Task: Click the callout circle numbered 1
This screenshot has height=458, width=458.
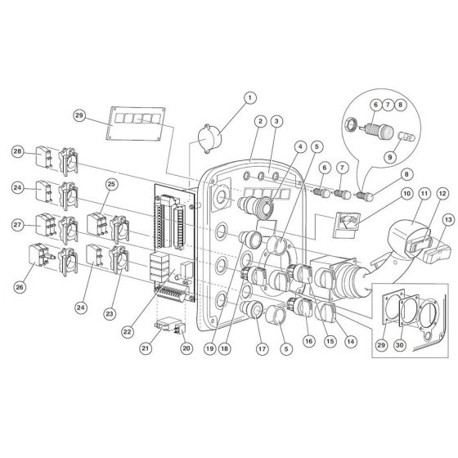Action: coord(249,98)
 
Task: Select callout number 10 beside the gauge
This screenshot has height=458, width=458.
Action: coord(407,194)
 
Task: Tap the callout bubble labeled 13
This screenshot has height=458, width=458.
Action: coord(448,220)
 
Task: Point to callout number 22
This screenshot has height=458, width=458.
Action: coord(128,331)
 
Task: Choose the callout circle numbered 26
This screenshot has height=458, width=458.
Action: coord(20,287)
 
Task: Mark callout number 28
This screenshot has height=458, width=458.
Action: coord(17,151)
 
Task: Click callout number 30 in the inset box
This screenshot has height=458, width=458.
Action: coord(399,345)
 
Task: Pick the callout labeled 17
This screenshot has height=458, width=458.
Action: coord(262,348)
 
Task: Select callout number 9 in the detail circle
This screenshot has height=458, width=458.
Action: coord(389,157)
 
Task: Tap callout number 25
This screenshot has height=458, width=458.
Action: coord(111,184)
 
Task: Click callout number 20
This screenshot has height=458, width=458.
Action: coord(186,348)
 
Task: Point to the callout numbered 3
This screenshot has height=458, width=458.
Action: coord(276,121)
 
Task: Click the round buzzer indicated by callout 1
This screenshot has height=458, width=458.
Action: coord(209,138)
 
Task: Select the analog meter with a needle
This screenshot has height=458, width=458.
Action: coord(347,225)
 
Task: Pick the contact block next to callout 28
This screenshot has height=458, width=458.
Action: coord(43,157)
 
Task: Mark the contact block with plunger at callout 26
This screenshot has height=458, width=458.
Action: coord(41,255)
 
